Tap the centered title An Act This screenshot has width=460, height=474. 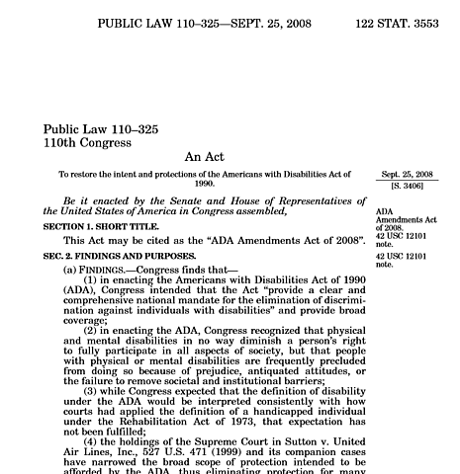(x=206, y=157)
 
